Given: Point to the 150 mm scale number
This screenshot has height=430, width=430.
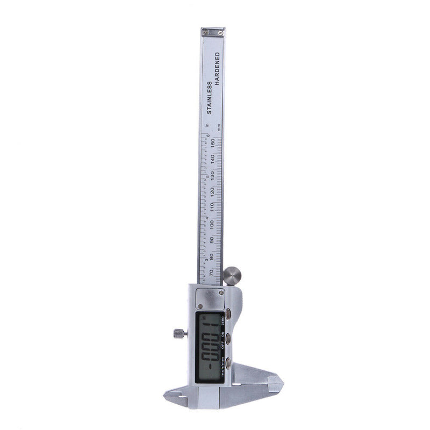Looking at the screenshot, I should [214, 142].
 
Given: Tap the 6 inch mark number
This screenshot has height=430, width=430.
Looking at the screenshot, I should [207, 136].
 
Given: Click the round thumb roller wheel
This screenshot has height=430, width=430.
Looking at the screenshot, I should [232, 275].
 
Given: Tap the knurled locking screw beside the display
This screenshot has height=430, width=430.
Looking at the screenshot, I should [179, 333].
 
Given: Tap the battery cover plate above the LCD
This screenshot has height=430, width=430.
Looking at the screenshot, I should [209, 298].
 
